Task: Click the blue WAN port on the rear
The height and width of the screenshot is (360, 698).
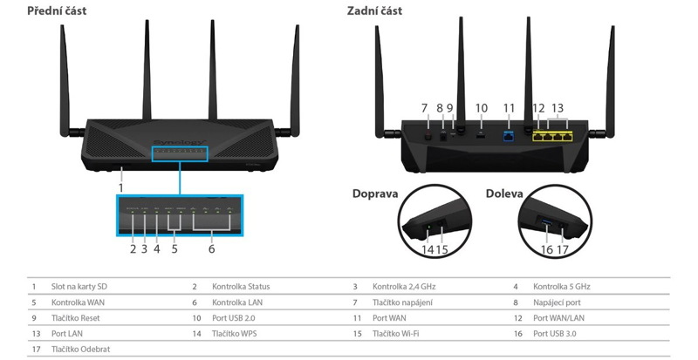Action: pyautogui.click(x=510, y=137)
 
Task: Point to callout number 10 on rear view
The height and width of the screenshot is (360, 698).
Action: pyautogui.click(x=481, y=108)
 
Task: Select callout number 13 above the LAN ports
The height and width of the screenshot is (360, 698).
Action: pyautogui.click(x=558, y=108)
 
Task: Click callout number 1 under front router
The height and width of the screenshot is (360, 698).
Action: pyautogui.click(x=120, y=187)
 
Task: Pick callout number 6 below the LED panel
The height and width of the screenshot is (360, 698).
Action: pyautogui.click(x=210, y=248)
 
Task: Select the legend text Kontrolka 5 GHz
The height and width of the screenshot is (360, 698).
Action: pyautogui.click(x=562, y=287)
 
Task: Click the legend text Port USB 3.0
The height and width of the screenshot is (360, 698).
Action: pyautogui.click(x=558, y=333)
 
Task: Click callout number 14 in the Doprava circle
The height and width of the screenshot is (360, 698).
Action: pyautogui.click(x=427, y=249)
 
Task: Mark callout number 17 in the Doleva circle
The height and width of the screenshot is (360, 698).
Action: pyautogui.click(x=564, y=249)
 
